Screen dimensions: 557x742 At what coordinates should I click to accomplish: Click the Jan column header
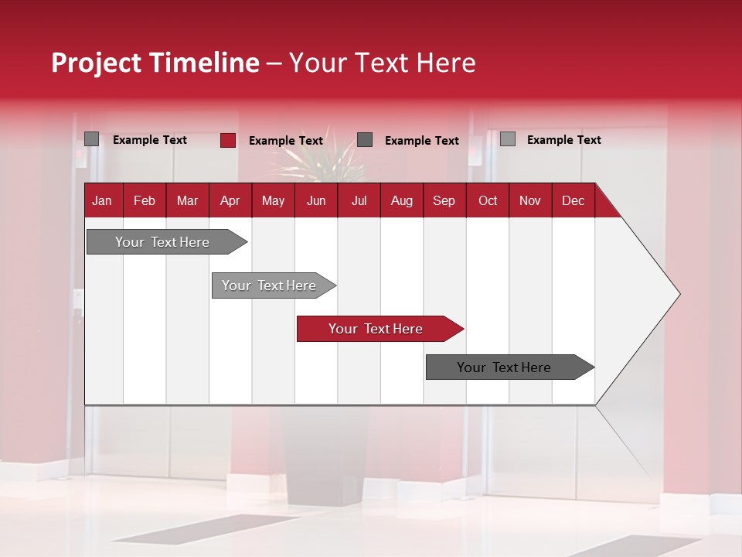click(x=103, y=200)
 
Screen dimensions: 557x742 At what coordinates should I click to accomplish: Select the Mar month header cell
click(x=187, y=200)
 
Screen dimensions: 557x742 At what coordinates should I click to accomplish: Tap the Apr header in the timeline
click(x=230, y=200)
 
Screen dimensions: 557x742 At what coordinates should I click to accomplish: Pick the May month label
click(x=273, y=200)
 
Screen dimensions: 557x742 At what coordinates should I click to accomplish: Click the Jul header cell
click(x=359, y=200)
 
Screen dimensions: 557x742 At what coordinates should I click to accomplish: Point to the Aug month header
click(x=401, y=200)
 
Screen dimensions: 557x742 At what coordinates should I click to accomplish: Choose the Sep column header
click(x=444, y=200)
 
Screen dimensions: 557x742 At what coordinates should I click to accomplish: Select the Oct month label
click(x=488, y=200)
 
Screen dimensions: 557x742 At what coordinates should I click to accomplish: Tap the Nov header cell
click(x=529, y=200)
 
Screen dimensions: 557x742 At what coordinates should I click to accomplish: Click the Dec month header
click(x=573, y=200)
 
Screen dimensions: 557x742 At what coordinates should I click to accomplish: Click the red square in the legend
click(x=228, y=140)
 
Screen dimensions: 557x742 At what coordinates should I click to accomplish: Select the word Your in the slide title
click(x=317, y=63)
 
